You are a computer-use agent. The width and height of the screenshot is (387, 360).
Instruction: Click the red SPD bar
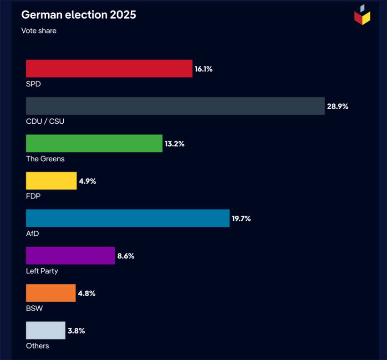click(109, 69)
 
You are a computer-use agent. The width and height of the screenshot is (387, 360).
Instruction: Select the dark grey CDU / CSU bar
click(175, 106)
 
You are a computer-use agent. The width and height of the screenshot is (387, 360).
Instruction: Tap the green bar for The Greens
click(94, 143)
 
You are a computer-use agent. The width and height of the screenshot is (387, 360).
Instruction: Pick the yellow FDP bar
click(51, 181)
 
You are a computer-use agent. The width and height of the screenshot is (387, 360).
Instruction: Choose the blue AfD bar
click(127, 218)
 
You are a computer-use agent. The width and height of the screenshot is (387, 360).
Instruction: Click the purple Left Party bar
click(70, 255)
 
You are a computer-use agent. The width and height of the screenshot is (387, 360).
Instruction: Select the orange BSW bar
click(51, 293)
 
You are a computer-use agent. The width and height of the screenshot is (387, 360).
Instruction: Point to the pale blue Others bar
click(46, 330)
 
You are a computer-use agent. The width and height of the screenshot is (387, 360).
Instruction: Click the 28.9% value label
click(337, 106)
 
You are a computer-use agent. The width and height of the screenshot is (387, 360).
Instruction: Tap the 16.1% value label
click(204, 69)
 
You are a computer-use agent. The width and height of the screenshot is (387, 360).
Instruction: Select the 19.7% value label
click(241, 218)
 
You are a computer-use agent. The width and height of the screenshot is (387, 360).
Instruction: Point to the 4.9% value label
click(87, 181)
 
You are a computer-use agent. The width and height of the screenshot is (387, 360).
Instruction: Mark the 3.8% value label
click(76, 331)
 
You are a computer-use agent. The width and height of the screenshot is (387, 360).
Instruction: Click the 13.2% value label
click(174, 144)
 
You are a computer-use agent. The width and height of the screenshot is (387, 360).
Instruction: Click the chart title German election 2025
click(78, 15)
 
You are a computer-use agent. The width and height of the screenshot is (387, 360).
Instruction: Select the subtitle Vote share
click(39, 31)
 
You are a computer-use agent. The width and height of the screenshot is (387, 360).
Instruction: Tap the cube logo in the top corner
click(362, 15)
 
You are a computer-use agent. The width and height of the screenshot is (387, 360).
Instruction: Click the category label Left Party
click(42, 271)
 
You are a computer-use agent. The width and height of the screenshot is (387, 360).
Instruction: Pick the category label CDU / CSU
click(45, 122)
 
